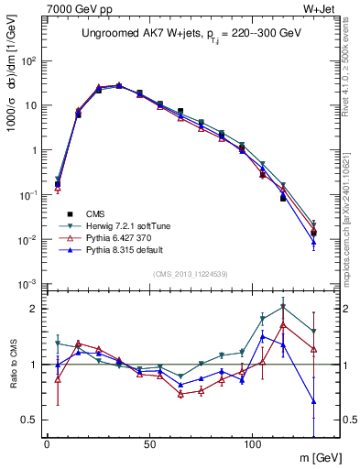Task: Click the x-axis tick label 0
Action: coord(46,444)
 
